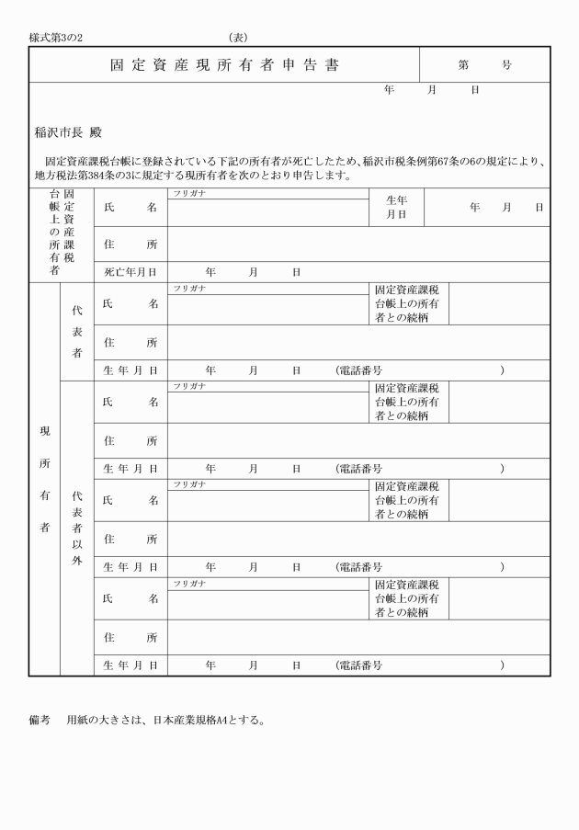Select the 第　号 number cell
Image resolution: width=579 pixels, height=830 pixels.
click(484, 66)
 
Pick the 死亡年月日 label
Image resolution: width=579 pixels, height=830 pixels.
click(130, 273)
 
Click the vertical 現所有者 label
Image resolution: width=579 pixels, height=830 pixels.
click(44, 478)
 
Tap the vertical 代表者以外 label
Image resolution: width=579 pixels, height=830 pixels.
click(77, 529)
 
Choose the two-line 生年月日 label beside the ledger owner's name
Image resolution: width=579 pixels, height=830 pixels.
click(396, 208)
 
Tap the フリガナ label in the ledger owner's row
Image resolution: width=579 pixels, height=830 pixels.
click(189, 193)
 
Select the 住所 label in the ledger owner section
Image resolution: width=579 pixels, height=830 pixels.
click(130, 244)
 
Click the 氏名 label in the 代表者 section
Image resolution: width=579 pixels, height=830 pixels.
click(130, 304)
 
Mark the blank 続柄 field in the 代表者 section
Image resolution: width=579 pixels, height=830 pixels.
click(498, 304)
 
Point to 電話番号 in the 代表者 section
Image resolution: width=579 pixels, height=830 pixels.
click(359, 370)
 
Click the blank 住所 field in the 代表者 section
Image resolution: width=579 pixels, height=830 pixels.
click(358, 342)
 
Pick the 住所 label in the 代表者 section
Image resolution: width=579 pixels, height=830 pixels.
click(130, 342)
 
